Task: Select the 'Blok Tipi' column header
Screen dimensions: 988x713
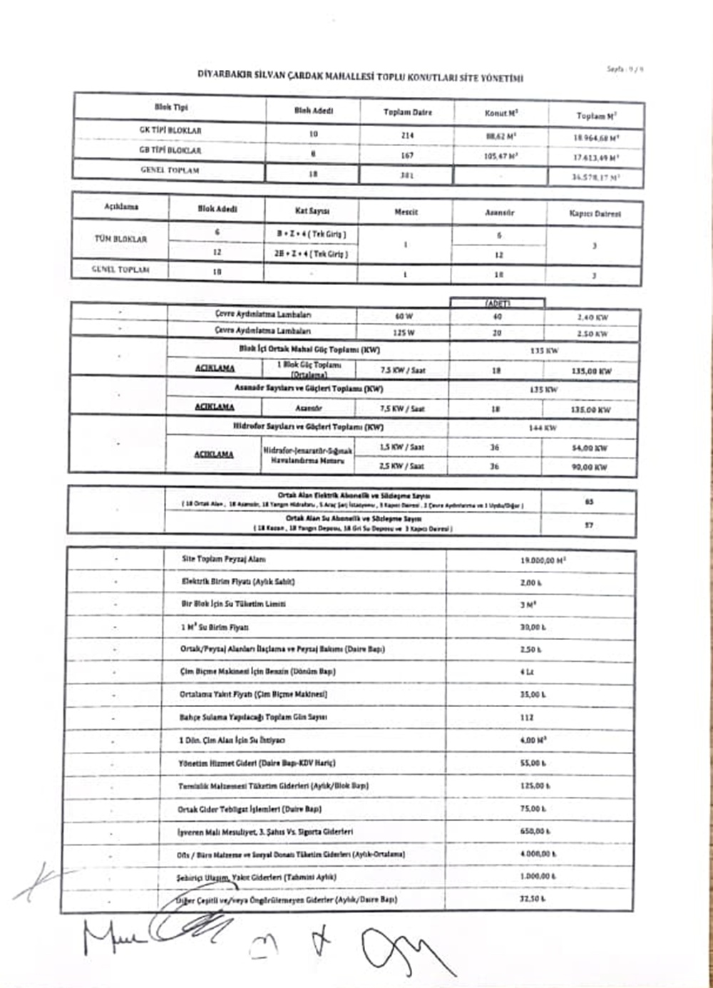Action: [171, 108]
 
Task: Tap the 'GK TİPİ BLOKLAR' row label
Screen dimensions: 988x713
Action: [170, 131]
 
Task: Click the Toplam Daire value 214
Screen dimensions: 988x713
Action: [407, 135]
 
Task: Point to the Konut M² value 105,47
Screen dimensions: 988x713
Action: [501, 155]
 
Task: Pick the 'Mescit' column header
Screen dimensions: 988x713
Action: [406, 212]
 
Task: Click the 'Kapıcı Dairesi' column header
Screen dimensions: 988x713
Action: [595, 214]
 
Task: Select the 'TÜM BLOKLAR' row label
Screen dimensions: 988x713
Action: [120, 240]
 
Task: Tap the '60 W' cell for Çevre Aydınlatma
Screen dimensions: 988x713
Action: [404, 316]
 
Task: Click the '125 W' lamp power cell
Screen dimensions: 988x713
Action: [404, 332]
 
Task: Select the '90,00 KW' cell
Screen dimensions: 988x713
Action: [590, 468]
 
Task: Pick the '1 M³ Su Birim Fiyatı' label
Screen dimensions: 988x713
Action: [214, 627]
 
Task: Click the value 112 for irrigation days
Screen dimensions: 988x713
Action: [527, 717]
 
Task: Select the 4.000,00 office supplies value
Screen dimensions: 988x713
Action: [538, 854]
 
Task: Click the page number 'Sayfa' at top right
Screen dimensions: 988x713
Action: [625, 70]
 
